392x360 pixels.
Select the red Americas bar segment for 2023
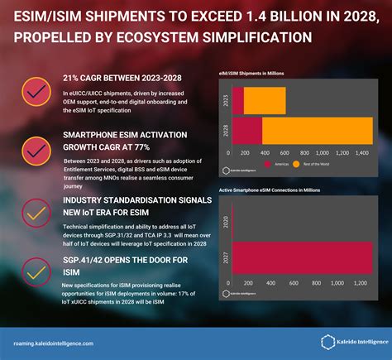[238, 101]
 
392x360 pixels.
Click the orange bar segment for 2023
[265, 101]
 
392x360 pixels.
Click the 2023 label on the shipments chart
[225, 101]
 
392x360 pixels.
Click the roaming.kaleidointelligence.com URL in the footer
[54, 343]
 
